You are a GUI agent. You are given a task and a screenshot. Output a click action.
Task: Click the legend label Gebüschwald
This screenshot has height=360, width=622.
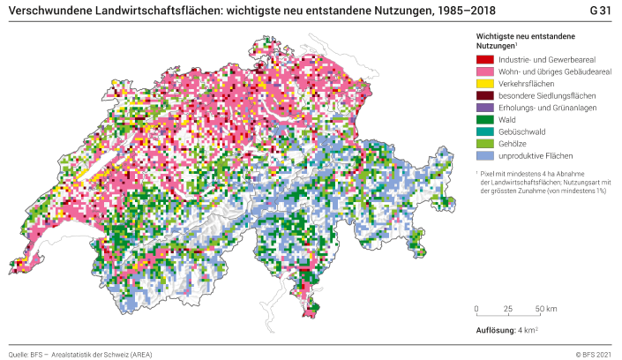pos(520,131)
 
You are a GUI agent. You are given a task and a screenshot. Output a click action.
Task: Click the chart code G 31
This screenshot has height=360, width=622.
pos(600,10)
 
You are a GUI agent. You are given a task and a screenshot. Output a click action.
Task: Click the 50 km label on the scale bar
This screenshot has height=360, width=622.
pos(545,309)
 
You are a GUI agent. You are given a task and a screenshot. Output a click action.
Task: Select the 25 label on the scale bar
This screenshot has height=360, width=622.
pos(508,309)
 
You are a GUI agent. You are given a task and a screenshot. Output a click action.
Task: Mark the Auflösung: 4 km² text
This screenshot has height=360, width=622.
pos(507,331)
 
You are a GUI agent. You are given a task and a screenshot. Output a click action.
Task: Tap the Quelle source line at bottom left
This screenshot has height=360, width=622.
pos(80,354)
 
